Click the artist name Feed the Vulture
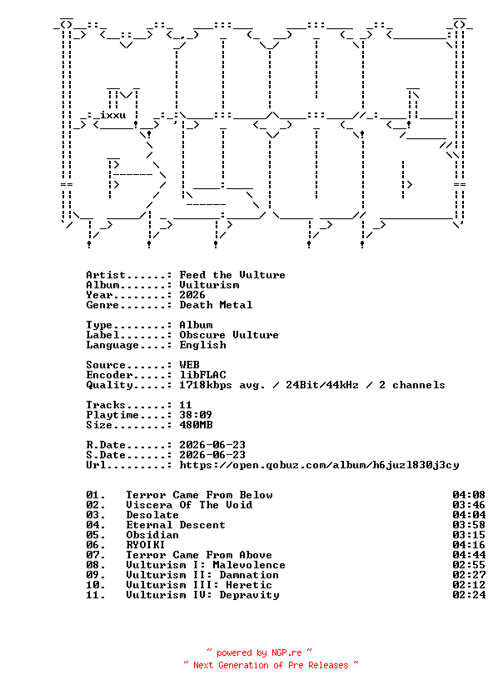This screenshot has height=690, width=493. click(x=232, y=275)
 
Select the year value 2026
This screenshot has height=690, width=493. click(x=192, y=295)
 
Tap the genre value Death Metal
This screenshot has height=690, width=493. click(x=216, y=305)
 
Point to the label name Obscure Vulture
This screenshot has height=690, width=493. click(x=229, y=335)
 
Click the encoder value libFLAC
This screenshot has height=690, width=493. click(x=202, y=375)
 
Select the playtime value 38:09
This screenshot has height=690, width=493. click(x=196, y=415)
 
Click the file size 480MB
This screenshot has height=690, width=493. click(x=196, y=425)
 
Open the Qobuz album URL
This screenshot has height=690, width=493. click(x=319, y=465)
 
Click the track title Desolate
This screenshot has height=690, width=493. click(x=152, y=515)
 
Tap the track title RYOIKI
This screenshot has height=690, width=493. click(x=146, y=545)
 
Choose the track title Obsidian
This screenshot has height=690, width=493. click(x=152, y=535)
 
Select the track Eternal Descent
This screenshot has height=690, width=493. click(x=176, y=525)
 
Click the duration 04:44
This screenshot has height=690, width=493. click(x=469, y=555)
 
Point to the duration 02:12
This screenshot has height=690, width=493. click(x=469, y=585)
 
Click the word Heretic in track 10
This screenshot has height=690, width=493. click(x=249, y=585)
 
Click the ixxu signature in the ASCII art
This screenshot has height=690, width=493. click(x=113, y=115)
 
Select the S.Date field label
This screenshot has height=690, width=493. click(x=106, y=455)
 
